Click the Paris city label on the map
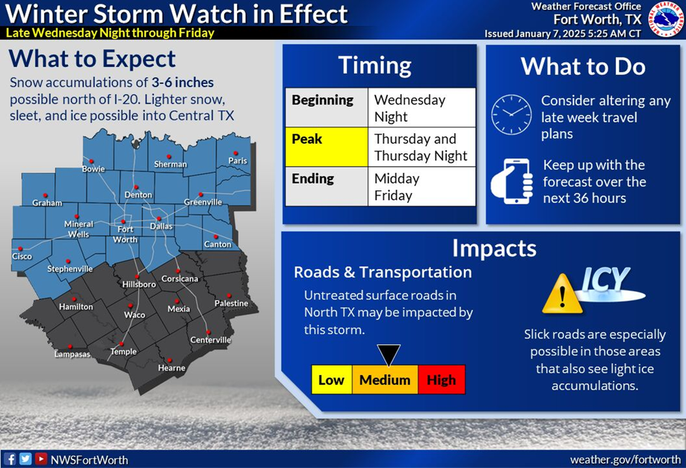point(238,161)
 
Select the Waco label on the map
point(134,315)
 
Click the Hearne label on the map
point(171,368)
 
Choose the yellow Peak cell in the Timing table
point(326,147)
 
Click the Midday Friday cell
point(421,187)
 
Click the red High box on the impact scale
point(441,380)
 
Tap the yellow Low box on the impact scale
point(332,380)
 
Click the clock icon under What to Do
point(511,114)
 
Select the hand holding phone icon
point(512,181)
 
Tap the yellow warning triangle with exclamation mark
point(561,294)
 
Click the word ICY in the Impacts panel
point(605,280)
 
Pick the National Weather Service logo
point(666,18)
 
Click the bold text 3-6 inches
point(178,82)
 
